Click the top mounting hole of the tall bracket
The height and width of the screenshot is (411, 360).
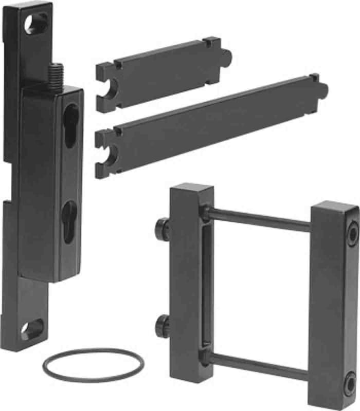click(37, 23)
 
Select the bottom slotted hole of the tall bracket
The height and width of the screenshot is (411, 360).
click(33, 329)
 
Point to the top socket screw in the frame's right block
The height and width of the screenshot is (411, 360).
click(352, 234)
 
